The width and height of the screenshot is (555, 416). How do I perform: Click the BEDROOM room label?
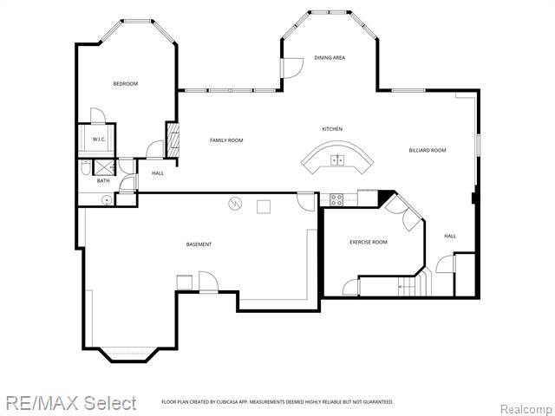pos(126,84)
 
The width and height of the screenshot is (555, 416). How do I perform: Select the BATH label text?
pos(103,180)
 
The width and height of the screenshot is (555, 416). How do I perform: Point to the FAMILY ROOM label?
pos(226,140)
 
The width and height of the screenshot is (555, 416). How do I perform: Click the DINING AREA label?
pos(330,58)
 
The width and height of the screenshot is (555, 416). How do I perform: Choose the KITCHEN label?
pos(332,129)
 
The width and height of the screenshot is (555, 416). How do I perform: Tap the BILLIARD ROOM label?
pos(428,151)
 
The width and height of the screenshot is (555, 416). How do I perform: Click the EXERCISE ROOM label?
pos(369,242)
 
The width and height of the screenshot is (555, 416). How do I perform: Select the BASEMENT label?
pos(199,244)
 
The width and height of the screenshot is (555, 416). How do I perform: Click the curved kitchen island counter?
pos(338,163)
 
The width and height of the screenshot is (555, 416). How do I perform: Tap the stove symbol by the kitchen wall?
pos(336,199)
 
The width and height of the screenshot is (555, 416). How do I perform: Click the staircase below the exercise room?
pos(414,284)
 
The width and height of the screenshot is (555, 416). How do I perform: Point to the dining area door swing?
pos(291,67)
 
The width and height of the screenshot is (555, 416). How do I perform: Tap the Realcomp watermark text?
pos(526,408)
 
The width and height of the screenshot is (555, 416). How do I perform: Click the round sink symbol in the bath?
pos(107,199)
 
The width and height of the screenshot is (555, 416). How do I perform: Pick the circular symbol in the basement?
pos(234,204)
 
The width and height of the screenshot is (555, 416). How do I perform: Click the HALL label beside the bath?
pos(158,173)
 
